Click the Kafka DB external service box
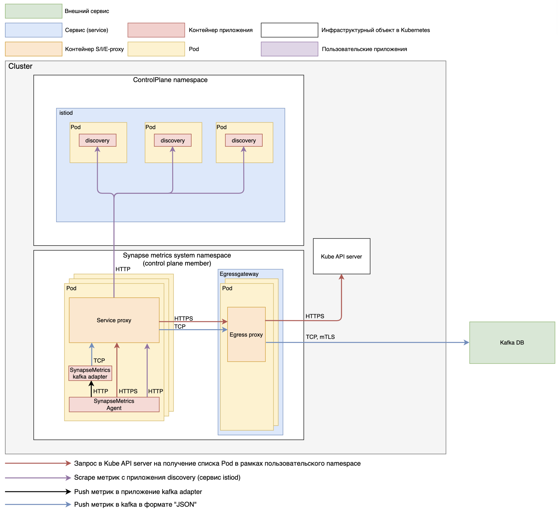tap(512, 343)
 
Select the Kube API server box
tap(341, 256)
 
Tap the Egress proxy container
tap(246, 334)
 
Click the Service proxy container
tap(114, 320)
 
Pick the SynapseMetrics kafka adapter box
tap(90, 373)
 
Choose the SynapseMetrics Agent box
tap(114, 404)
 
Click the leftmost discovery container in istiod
tap(97, 140)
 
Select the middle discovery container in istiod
tap(173, 140)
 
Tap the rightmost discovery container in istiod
tap(244, 140)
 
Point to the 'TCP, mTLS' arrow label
tap(320, 337)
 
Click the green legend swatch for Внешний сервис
tap(34, 11)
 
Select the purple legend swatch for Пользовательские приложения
tap(289, 49)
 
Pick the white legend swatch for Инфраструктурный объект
tap(289, 30)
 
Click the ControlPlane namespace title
tap(170, 80)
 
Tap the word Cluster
tap(20, 66)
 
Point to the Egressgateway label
tap(239, 274)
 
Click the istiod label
tap(66, 113)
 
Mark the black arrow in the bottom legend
tap(38, 491)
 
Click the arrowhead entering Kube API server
tap(341, 277)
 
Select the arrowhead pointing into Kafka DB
tap(467, 343)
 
